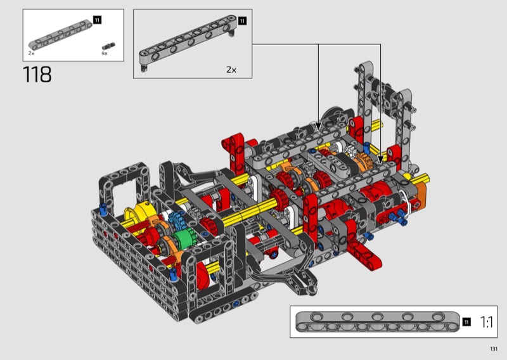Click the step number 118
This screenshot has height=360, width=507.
click(x=37, y=75)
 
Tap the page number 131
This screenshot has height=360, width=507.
click(x=494, y=349)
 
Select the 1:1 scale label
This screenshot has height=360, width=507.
click(x=486, y=322)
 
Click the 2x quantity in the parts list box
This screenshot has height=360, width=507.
click(x=31, y=53)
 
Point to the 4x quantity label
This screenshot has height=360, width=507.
click(x=105, y=53)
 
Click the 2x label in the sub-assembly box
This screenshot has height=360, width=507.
click(x=231, y=70)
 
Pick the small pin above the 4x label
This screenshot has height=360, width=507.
click(x=108, y=46)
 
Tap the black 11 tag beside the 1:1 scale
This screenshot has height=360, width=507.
click(x=466, y=322)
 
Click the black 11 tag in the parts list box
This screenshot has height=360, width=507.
click(x=97, y=20)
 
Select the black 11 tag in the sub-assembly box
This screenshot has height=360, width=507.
click(x=242, y=21)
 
